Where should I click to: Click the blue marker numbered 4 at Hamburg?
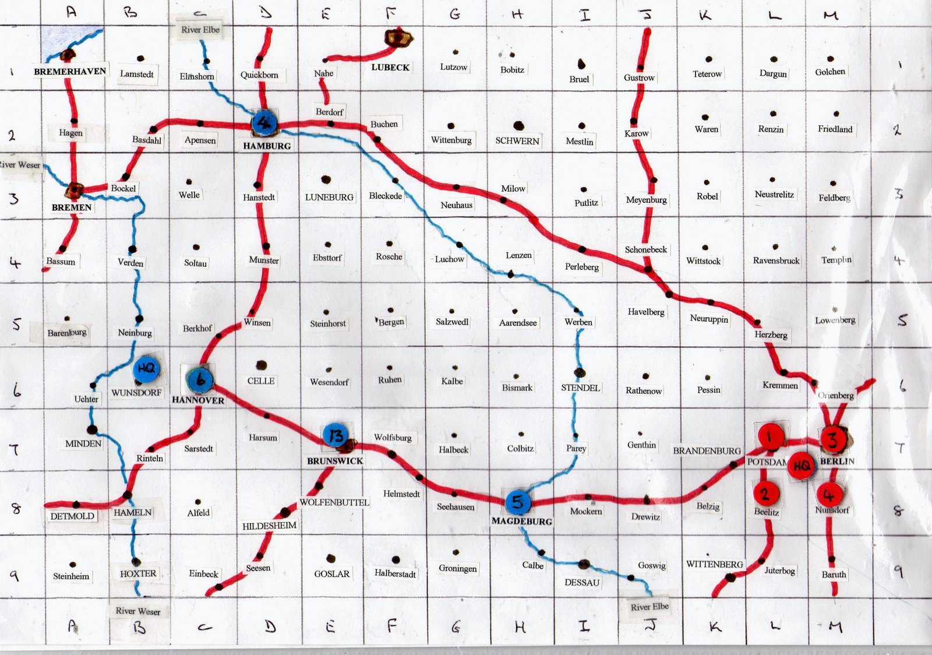[x=264, y=122]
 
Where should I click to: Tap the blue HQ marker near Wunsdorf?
[x=146, y=368]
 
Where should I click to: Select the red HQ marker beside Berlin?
[x=802, y=465]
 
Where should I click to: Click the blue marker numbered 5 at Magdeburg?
[x=517, y=502]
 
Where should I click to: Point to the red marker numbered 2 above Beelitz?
[x=765, y=494]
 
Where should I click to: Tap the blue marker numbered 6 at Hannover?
[x=200, y=380]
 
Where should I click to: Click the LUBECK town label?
[x=390, y=68]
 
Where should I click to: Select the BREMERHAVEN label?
[x=70, y=72]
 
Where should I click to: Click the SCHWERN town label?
[x=517, y=140]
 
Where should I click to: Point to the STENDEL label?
[x=580, y=388]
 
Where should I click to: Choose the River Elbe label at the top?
[x=200, y=30]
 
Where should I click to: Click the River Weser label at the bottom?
[x=138, y=611]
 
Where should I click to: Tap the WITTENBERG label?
[x=714, y=564]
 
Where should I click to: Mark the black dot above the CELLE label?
[x=262, y=365]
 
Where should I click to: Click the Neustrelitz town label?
[x=774, y=194]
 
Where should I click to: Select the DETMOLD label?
[x=72, y=516]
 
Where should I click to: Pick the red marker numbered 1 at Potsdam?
[x=770, y=436]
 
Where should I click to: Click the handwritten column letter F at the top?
[x=391, y=13]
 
